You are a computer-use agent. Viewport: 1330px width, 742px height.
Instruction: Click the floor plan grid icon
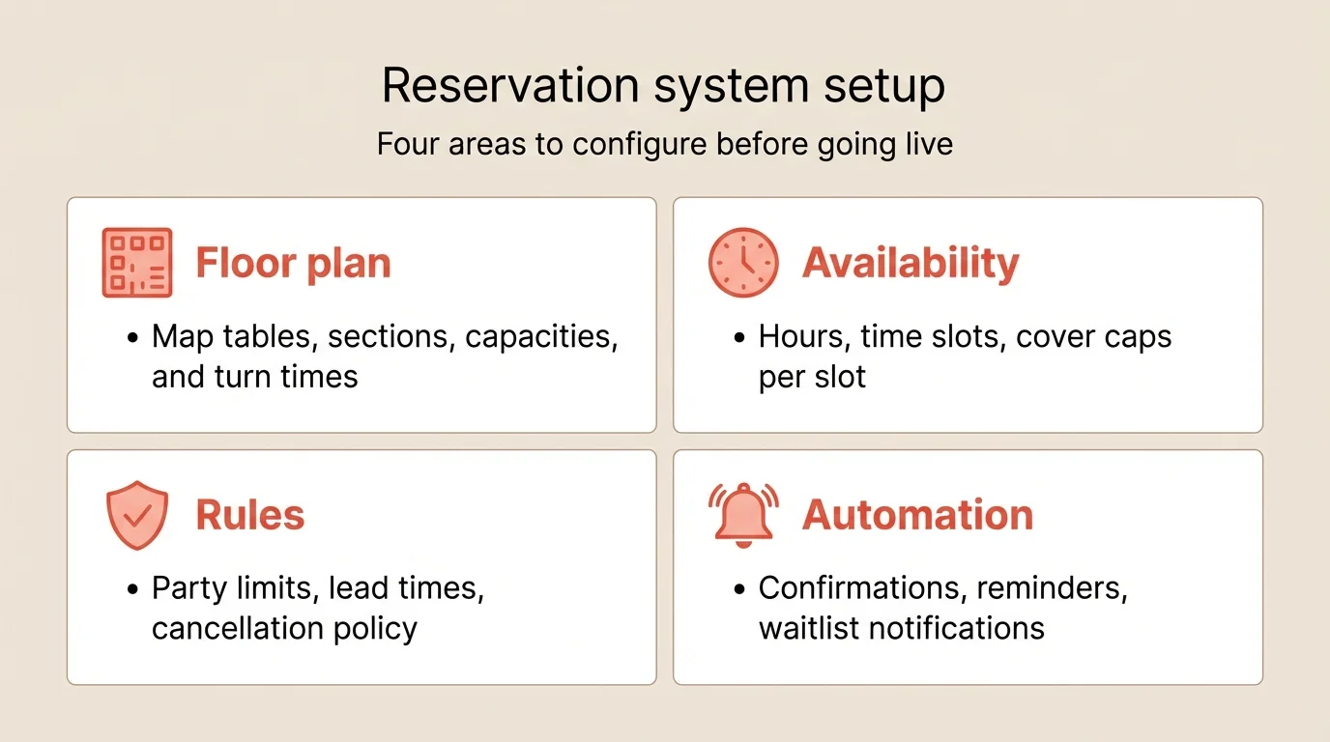pyautogui.click(x=137, y=263)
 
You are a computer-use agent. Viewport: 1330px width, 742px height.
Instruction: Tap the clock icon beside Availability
pyautogui.click(x=743, y=263)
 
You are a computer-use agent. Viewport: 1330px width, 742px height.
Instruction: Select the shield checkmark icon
pyautogui.click(x=137, y=516)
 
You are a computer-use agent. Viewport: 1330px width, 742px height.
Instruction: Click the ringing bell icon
pyautogui.click(x=743, y=514)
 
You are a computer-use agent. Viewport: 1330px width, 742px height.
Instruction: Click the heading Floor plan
pyautogui.click(x=293, y=264)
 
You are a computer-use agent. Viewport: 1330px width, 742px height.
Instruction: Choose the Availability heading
pyautogui.click(x=911, y=264)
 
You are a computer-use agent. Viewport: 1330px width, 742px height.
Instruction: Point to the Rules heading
pyautogui.click(x=250, y=516)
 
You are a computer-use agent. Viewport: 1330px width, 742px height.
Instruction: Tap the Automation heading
pyautogui.click(x=917, y=516)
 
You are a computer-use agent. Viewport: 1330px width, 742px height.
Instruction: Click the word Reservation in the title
pyautogui.click(x=509, y=86)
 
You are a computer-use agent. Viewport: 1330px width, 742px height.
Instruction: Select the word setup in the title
pyautogui.click(x=883, y=86)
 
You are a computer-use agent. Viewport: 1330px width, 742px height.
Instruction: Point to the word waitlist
pyautogui.click(x=814, y=628)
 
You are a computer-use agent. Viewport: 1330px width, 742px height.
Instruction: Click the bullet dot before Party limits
pyautogui.click(x=133, y=589)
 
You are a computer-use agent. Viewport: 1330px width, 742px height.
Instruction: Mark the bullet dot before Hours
pyautogui.click(x=740, y=338)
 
